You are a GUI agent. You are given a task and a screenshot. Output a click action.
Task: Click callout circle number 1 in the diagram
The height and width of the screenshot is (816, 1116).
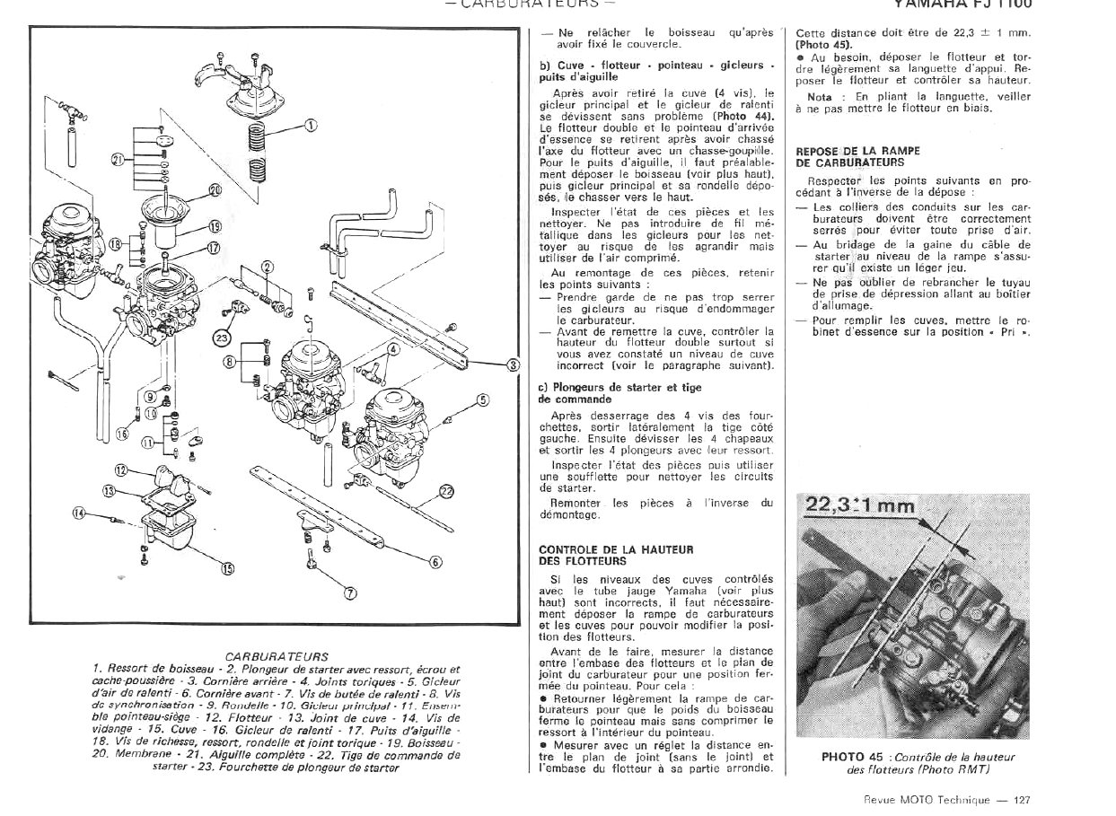click(310, 125)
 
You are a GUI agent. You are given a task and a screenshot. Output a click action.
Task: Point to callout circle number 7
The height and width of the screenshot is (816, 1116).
click(350, 592)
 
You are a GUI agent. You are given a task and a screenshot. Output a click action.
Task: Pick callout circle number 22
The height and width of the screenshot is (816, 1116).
click(447, 491)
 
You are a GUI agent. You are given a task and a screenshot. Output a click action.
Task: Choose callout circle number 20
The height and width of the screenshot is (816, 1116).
click(215, 189)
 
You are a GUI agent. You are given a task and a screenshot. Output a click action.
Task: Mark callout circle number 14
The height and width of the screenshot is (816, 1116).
click(79, 513)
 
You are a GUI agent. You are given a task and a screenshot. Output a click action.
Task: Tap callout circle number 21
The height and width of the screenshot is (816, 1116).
click(118, 160)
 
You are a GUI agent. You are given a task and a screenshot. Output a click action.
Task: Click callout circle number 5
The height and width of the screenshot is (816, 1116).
click(482, 399)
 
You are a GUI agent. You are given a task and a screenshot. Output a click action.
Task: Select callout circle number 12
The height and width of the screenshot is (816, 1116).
click(121, 469)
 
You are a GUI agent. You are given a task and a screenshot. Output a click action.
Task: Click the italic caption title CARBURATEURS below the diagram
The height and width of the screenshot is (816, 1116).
click(277, 656)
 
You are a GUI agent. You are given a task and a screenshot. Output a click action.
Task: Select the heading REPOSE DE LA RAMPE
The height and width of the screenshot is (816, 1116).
click(845, 151)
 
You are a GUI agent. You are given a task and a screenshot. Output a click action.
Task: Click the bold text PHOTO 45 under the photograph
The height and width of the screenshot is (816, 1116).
click(854, 756)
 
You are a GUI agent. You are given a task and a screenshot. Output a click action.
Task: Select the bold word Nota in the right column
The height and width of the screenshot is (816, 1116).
click(820, 96)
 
